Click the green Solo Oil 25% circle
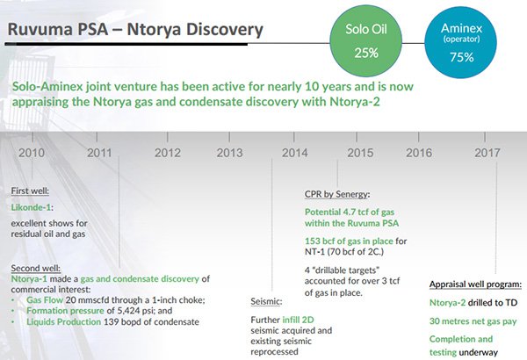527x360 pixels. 366,41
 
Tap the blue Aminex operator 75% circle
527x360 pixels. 461,43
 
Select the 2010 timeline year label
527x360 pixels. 32,153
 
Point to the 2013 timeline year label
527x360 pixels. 229,153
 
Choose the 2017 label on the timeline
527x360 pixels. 487,153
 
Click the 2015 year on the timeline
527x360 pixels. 360,153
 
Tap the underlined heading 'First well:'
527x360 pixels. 30,191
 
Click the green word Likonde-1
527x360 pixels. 31,207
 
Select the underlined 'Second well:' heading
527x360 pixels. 36,268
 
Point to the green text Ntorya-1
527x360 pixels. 29,279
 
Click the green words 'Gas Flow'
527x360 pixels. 45,299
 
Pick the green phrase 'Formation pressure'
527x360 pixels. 65,311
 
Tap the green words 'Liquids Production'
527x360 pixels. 64,321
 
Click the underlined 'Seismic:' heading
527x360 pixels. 266,301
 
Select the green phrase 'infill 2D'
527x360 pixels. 298,320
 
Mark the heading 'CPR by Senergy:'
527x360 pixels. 337,194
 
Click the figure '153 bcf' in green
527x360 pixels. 321,241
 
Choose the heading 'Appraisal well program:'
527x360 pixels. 475,284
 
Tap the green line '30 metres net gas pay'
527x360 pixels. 473,321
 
